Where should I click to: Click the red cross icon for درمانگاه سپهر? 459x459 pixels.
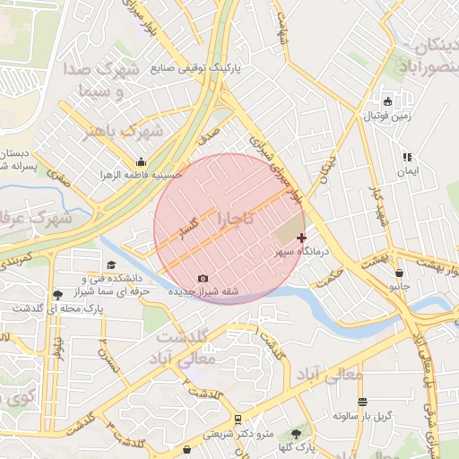point(301,238)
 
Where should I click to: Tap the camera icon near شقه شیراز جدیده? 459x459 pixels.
point(203,278)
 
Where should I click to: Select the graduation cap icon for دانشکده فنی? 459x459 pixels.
point(111,265)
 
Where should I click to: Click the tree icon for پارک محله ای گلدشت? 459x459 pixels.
point(58,294)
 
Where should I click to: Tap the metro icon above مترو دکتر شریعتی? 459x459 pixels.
point(237,419)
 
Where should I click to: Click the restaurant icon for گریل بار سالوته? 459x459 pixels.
point(362,402)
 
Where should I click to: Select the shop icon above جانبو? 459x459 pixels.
point(399,273)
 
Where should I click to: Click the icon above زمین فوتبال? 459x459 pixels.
point(387,101)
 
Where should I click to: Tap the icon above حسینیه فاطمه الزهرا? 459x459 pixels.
point(141,162)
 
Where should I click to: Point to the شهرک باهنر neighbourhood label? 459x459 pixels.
point(120,132)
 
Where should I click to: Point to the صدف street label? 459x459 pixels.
point(209,137)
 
